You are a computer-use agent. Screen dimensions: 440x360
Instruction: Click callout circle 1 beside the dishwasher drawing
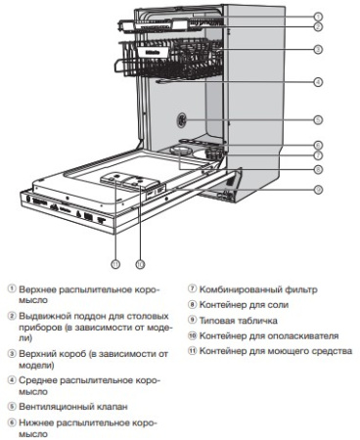(319, 17)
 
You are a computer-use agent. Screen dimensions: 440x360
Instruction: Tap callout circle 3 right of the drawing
(319, 48)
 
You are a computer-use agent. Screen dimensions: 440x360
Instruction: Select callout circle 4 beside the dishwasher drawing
(319, 82)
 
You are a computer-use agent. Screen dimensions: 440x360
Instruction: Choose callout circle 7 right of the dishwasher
(319, 155)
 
